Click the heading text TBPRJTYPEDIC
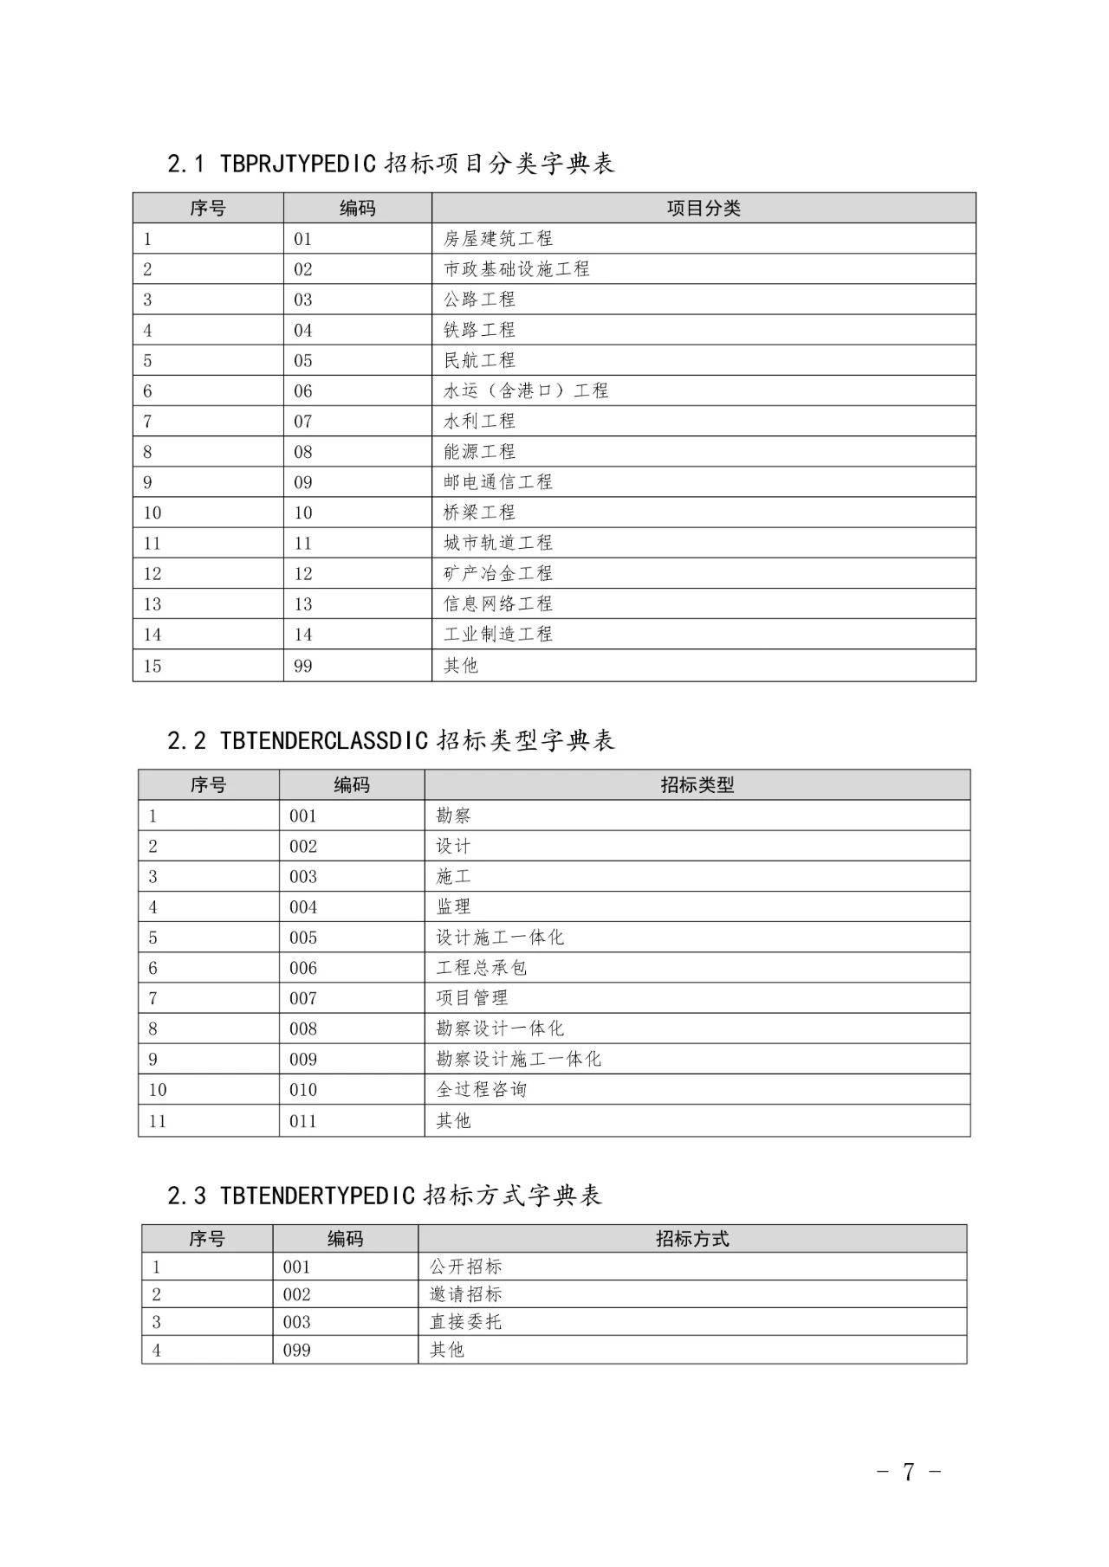click(298, 164)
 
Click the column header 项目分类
click(703, 209)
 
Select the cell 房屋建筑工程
click(497, 239)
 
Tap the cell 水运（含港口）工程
click(526, 391)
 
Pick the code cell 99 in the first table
click(302, 666)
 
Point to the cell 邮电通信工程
click(497, 482)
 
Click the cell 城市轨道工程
click(497, 543)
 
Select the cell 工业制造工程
click(497, 635)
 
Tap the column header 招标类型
click(697, 785)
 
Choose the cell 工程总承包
click(481, 968)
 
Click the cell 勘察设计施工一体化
click(518, 1060)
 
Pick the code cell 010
click(303, 1090)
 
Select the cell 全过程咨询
click(481, 1090)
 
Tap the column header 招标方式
click(691, 1239)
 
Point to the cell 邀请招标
click(465, 1294)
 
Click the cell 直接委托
click(465, 1322)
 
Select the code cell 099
click(296, 1350)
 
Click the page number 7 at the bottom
click(908, 1472)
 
